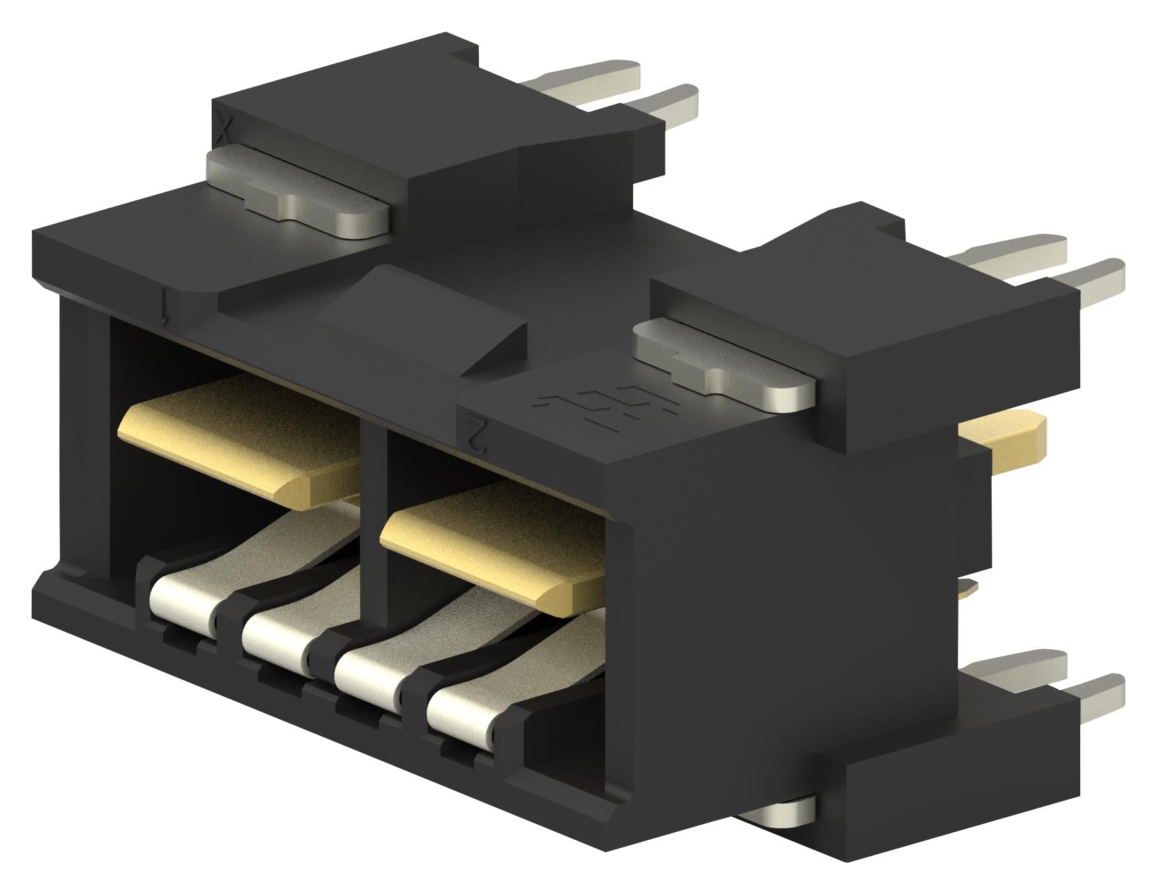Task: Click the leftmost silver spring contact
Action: click(182, 599)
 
